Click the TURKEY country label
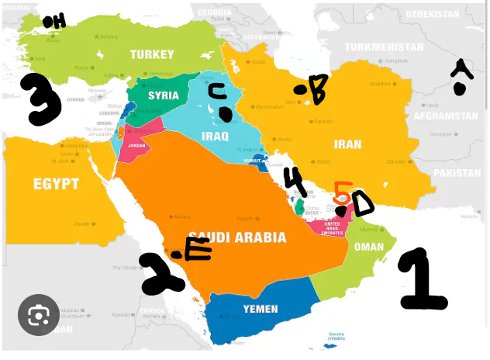152,54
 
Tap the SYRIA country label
164,96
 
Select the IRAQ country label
216,137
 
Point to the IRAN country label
347,144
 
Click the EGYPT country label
56,184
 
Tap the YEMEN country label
261,309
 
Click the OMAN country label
368,247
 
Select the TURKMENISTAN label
385,47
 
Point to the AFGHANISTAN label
446,116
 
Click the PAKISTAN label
457,173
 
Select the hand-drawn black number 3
40,99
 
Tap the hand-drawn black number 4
294,183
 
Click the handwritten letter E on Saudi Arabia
198,249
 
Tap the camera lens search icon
39,315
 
